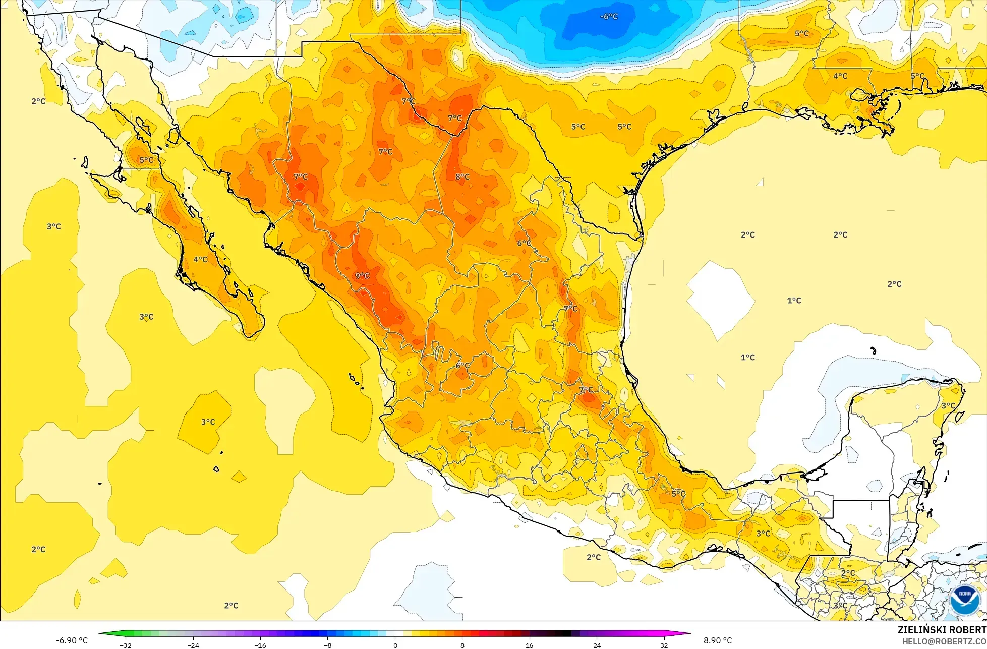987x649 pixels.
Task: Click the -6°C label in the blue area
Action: (x=609, y=17)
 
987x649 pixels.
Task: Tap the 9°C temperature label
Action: (x=362, y=276)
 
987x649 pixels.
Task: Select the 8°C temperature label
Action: (x=462, y=177)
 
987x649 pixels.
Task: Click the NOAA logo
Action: (x=965, y=600)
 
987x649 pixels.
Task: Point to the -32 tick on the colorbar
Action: (x=126, y=645)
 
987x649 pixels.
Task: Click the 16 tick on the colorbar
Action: (x=530, y=645)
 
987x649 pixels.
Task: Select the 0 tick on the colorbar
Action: (x=395, y=645)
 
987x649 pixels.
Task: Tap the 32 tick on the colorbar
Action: (x=664, y=645)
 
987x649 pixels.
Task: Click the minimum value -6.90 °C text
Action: (x=72, y=640)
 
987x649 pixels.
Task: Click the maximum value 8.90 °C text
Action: (x=718, y=640)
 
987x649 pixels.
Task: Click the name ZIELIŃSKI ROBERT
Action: (x=942, y=630)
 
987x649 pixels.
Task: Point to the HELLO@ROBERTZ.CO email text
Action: (x=944, y=641)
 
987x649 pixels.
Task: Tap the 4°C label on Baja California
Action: (x=200, y=260)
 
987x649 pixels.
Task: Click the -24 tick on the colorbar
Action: (x=193, y=645)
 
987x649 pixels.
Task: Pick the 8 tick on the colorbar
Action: (x=462, y=645)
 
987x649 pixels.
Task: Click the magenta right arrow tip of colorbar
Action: (x=689, y=633)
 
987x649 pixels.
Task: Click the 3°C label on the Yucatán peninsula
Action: (x=948, y=405)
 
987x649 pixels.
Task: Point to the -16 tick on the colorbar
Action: (x=260, y=645)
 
